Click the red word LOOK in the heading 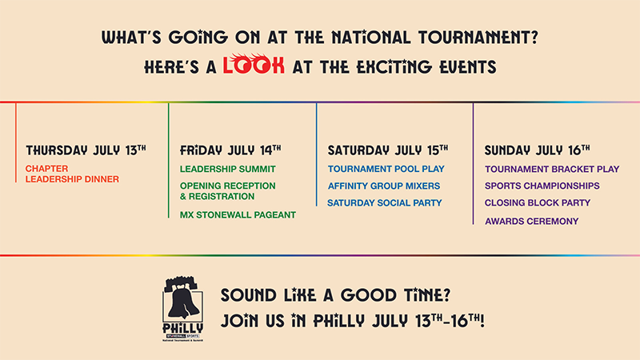[254, 65]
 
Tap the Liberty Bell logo [183, 308]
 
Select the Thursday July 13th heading [86, 150]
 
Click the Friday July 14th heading [230, 150]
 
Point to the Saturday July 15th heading [388, 150]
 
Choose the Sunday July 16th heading [537, 150]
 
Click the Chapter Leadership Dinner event [72, 174]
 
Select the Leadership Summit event [228, 169]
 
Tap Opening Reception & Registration [228, 191]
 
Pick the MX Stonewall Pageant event [238, 214]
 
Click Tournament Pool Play [386, 169]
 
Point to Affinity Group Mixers [384, 186]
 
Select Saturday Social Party [385, 203]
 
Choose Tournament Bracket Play [552, 169]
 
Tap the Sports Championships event [542, 186]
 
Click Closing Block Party [538, 203]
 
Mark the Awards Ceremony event [532, 222]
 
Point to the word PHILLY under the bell [183, 328]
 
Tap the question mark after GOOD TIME [446, 294]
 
